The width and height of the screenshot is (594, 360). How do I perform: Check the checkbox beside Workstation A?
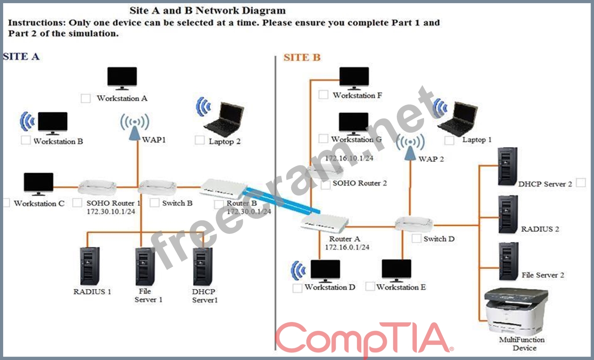[x=85, y=98]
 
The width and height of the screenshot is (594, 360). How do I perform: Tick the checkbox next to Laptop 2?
[x=199, y=140]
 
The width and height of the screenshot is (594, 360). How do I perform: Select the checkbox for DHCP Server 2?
[x=581, y=182]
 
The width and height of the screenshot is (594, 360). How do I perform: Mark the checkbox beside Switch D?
[x=416, y=238]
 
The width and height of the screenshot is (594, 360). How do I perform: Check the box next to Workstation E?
[x=370, y=286]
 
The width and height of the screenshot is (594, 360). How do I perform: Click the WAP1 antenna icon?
[x=135, y=127]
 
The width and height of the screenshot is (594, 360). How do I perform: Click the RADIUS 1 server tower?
[x=90, y=266]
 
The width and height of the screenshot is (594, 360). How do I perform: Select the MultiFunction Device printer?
[x=516, y=312]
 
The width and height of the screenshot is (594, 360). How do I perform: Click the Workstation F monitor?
[x=354, y=78]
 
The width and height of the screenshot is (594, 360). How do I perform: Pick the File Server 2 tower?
[x=509, y=261]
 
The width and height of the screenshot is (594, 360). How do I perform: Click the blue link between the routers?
[x=282, y=201]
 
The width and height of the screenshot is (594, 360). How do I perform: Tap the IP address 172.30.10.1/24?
[x=111, y=212]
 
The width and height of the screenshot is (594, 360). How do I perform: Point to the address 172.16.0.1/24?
[x=347, y=247]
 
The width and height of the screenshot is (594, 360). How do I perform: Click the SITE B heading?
[x=302, y=57]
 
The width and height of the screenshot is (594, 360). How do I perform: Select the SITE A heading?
[x=21, y=56]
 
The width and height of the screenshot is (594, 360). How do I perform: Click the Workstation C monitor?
[x=38, y=184]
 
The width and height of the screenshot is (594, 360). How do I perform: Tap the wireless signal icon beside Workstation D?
[x=298, y=271]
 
